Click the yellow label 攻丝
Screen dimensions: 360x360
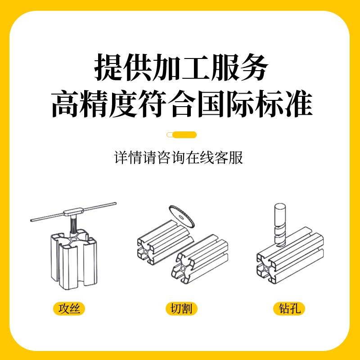point(69,309)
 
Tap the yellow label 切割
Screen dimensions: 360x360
point(181,309)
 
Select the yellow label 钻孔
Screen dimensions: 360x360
point(289,309)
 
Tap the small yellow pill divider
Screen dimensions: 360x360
point(181,134)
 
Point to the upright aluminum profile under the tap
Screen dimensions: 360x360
point(72,261)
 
